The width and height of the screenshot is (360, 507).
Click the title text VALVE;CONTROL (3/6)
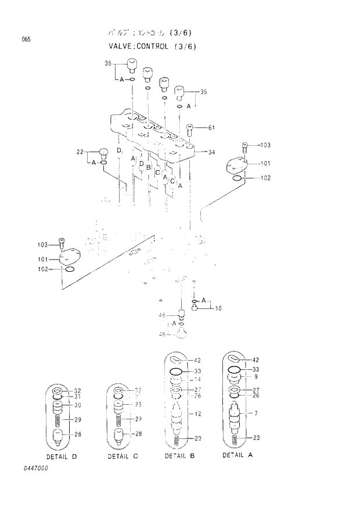[x=150, y=46]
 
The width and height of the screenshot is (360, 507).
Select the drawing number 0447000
[x=35, y=468]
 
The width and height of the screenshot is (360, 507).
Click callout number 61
[x=211, y=128]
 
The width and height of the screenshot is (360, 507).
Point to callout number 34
[x=211, y=152]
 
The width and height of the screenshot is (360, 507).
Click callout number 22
[x=80, y=152]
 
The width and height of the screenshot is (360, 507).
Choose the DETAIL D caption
[x=62, y=456]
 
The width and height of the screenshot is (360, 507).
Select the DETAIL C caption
[x=123, y=456]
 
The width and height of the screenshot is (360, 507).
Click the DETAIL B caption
[x=179, y=456]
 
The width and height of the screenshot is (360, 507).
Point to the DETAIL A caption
[x=237, y=455]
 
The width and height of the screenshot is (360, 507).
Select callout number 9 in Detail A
[x=255, y=377]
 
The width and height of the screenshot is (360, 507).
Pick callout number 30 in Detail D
[x=77, y=405]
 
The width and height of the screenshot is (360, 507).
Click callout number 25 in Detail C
[x=139, y=404]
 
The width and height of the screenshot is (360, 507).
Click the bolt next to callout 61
[x=190, y=129]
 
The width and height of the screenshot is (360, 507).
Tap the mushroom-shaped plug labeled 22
[x=103, y=153]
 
